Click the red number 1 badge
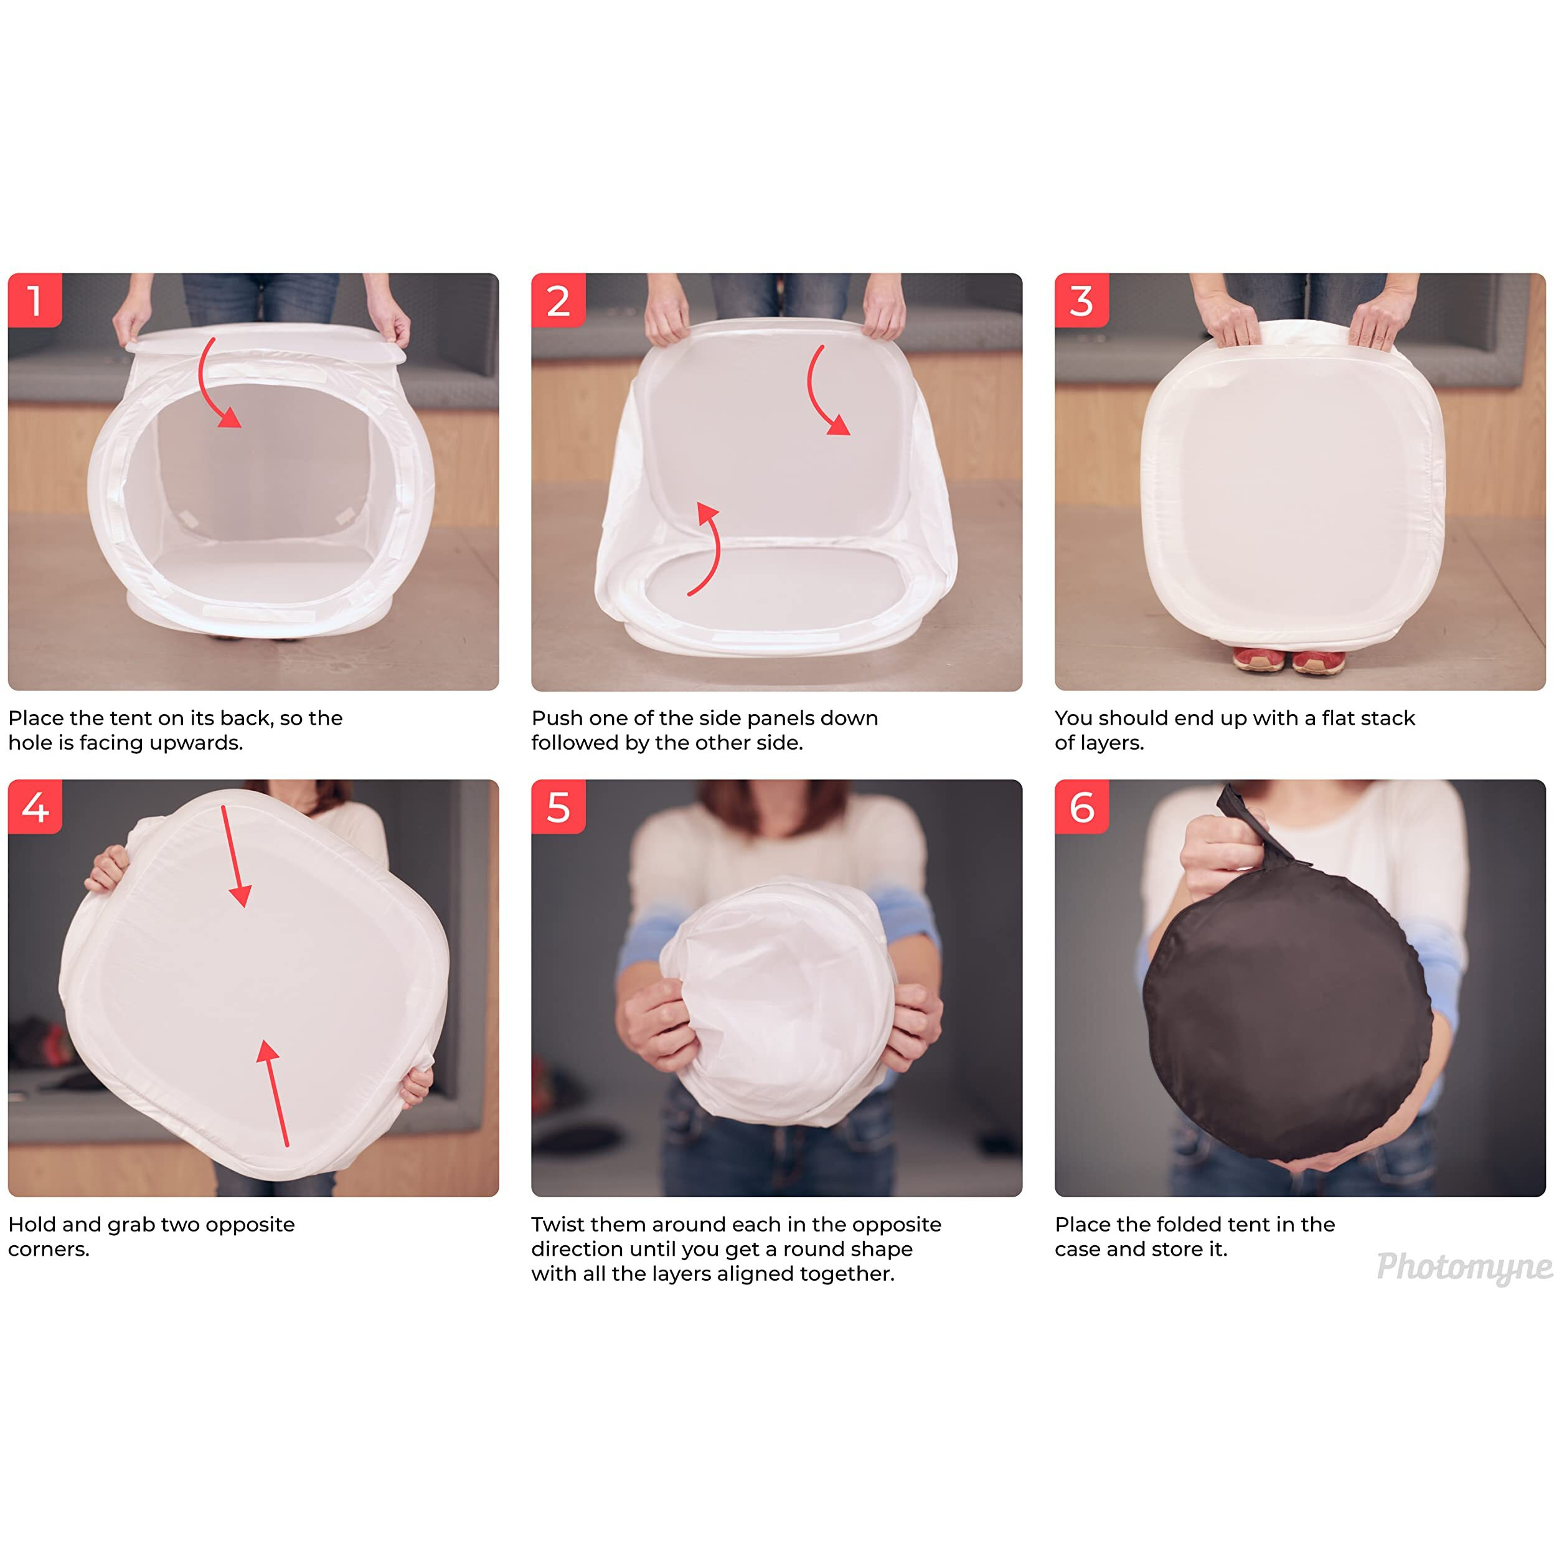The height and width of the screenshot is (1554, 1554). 35,300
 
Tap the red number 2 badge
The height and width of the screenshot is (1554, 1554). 558,300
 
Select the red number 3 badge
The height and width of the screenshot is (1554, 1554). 1082,300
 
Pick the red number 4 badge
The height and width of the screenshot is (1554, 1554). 35,807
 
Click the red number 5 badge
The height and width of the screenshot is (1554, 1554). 558,807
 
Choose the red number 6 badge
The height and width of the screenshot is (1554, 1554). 1082,807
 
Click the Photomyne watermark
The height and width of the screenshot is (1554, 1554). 1464,1267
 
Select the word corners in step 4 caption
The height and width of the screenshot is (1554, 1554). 49,1249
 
